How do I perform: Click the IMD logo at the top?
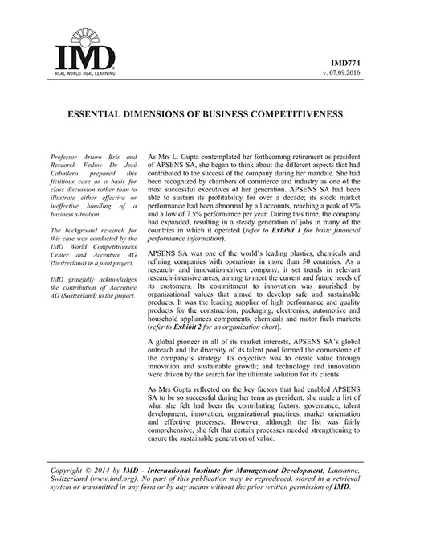83,50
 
